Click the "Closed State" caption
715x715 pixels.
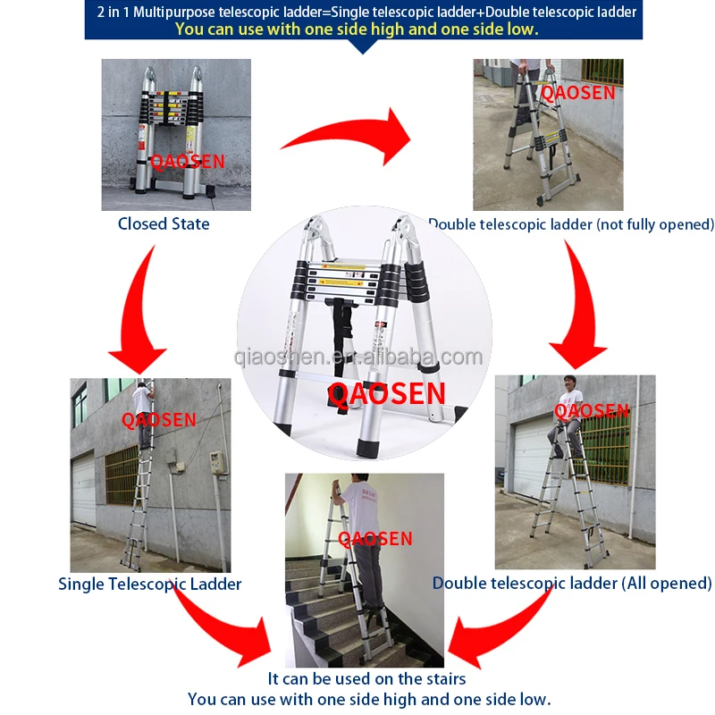164,223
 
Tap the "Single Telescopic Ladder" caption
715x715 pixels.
149,584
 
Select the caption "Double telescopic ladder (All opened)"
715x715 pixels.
572,584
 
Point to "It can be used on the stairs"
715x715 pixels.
366,678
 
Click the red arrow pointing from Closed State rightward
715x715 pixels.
351,132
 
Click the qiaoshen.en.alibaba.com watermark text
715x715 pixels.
358,357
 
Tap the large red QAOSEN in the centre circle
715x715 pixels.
386,393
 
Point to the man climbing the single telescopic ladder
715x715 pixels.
144,415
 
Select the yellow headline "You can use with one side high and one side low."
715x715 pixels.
357,29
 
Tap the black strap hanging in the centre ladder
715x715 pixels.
342,347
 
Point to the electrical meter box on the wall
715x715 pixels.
218,464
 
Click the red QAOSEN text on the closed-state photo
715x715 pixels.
188,162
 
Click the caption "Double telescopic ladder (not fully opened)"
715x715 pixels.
571,224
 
